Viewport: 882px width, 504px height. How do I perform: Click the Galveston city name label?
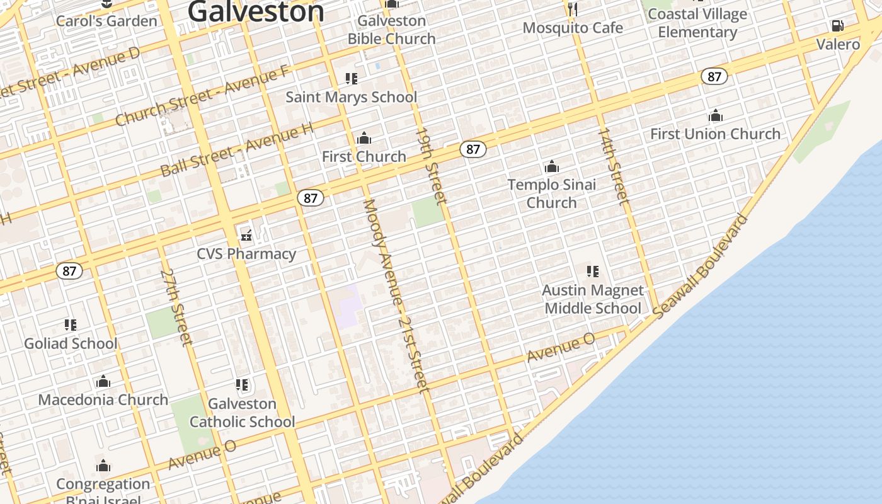click(256, 11)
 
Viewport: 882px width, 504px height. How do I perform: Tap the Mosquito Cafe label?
click(573, 28)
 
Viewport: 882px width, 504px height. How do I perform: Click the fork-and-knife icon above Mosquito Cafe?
click(573, 8)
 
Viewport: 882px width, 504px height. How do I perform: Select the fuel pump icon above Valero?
click(837, 26)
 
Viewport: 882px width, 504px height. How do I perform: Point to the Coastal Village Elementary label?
click(697, 23)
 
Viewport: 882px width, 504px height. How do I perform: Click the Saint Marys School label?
click(351, 97)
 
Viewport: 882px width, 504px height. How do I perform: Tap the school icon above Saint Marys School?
click(351, 79)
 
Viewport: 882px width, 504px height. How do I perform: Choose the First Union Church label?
click(715, 134)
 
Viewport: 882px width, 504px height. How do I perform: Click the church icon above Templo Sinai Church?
click(552, 167)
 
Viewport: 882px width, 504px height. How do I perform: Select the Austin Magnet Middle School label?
click(593, 299)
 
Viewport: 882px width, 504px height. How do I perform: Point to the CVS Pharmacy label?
click(246, 254)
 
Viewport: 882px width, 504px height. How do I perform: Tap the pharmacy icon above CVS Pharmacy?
click(246, 236)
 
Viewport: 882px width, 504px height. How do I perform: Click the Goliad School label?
click(71, 343)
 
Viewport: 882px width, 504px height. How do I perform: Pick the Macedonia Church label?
click(103, 399)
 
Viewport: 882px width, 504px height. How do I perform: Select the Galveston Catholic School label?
click(243, 413)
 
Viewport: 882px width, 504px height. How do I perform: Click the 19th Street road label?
click(431, 166)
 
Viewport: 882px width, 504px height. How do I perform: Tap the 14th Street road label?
click(613, 166)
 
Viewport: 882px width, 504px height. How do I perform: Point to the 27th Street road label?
click(176, 307)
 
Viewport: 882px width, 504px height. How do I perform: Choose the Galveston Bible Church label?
click(392, 30)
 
